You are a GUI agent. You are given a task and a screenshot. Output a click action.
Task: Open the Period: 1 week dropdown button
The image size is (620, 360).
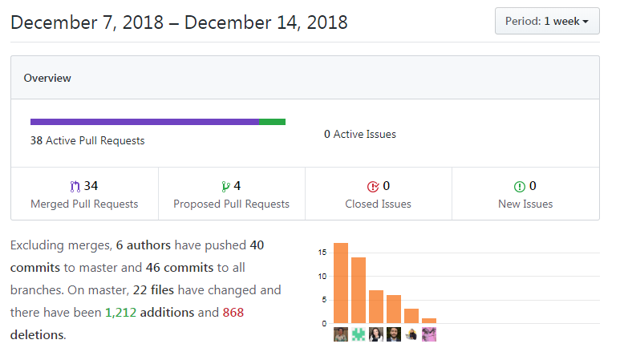(x=547, y=22)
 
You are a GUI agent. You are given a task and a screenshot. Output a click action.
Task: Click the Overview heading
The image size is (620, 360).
(x=47, y=78)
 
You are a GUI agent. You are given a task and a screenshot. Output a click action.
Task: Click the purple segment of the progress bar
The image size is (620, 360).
(x=144, y=122)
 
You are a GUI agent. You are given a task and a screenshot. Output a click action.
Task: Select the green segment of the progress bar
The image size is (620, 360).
(x=273, y=122)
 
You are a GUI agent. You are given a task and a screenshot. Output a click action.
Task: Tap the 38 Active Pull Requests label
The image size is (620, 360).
(x=87, y=140)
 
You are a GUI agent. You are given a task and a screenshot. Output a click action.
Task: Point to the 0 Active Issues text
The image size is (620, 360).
(x=359, y=134)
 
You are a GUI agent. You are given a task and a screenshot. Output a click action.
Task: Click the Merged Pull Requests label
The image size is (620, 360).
(x=84, y=204)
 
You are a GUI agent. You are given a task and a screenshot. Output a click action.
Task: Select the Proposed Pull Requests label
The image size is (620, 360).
(x=231, y=204)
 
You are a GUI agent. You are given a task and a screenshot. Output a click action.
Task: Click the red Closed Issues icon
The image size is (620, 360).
(x=372, y=187)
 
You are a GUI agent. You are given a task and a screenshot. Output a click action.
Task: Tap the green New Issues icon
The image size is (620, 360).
(x=519, y=187)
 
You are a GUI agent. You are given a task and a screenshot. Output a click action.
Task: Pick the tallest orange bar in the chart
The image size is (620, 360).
(x=341, y=284)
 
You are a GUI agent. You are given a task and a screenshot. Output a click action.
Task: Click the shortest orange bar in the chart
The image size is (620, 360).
(x=429, y=321)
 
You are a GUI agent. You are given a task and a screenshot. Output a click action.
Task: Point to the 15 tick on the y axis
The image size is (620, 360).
(x=322, y=253)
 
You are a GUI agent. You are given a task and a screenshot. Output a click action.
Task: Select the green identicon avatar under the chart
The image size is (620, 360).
(x=359, y=334)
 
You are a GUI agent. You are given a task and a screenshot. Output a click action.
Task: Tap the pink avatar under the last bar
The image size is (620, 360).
(x=429, y=334)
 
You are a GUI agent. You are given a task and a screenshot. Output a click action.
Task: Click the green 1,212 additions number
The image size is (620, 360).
(x=120, y=312)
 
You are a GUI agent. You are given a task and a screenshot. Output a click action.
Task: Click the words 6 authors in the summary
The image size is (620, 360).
(x=143, y=245)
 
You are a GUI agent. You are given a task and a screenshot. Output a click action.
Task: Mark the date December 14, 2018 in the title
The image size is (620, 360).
(x=266, y=22)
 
